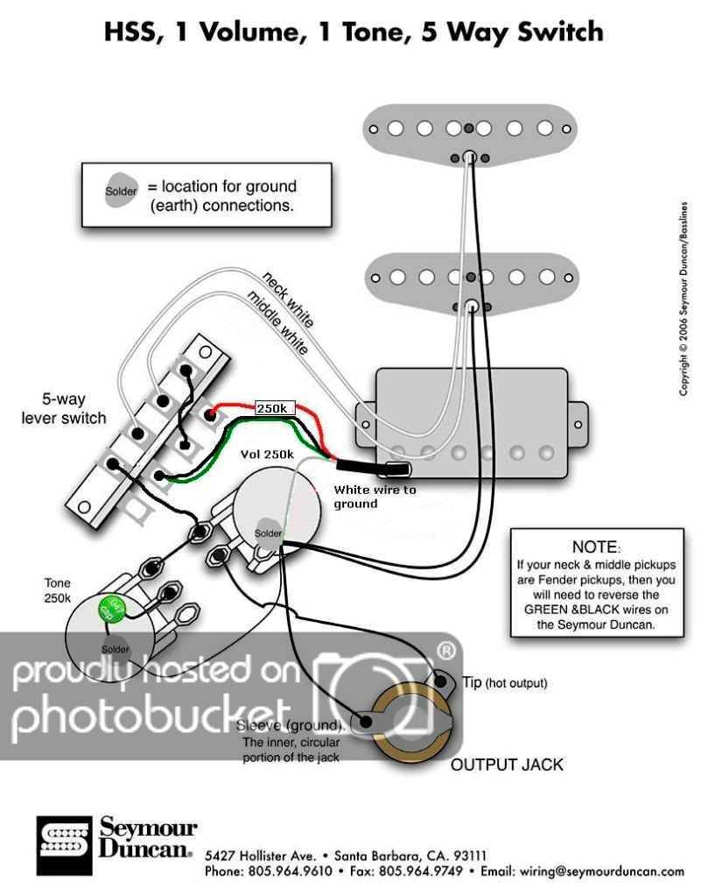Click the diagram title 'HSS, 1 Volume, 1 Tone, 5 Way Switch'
click(x=354, y=32)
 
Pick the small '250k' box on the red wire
click(x=275, y=409)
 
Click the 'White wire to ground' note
click(x=374, y=497)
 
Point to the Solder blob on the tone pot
click(x=115, y=648)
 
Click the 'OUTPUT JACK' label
click(x=507, y=765)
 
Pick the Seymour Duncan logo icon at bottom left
click(x=63, y=845)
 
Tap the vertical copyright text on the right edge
click(x=685, y=298)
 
